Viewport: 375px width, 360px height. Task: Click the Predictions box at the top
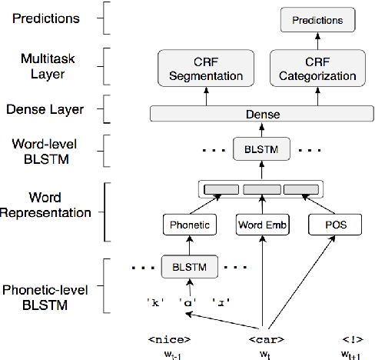pos(318,18)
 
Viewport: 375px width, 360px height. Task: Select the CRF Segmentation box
pos(204,68)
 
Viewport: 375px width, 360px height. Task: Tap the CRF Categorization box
pos(318,68)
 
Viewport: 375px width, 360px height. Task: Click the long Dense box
pos(262,114)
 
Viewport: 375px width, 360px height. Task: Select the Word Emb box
pos(262,225)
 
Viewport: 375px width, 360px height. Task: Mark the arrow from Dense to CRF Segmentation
pos(204,95)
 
